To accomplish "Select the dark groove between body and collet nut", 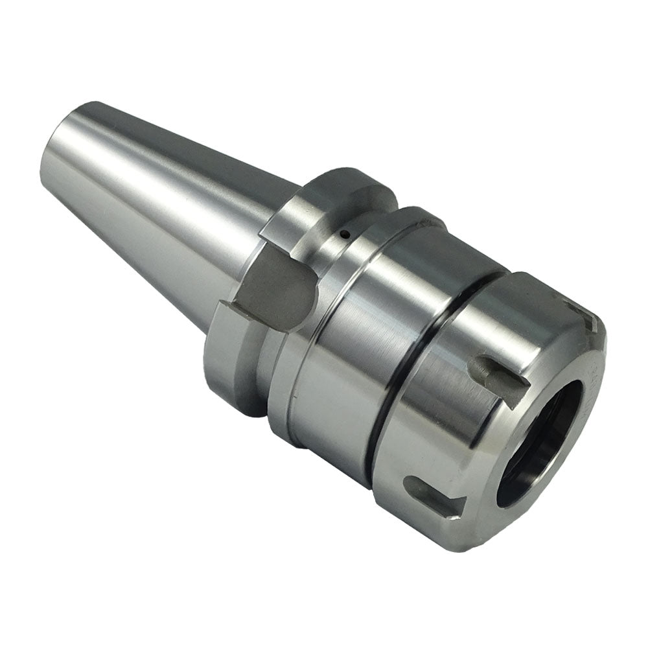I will point(415,363).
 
